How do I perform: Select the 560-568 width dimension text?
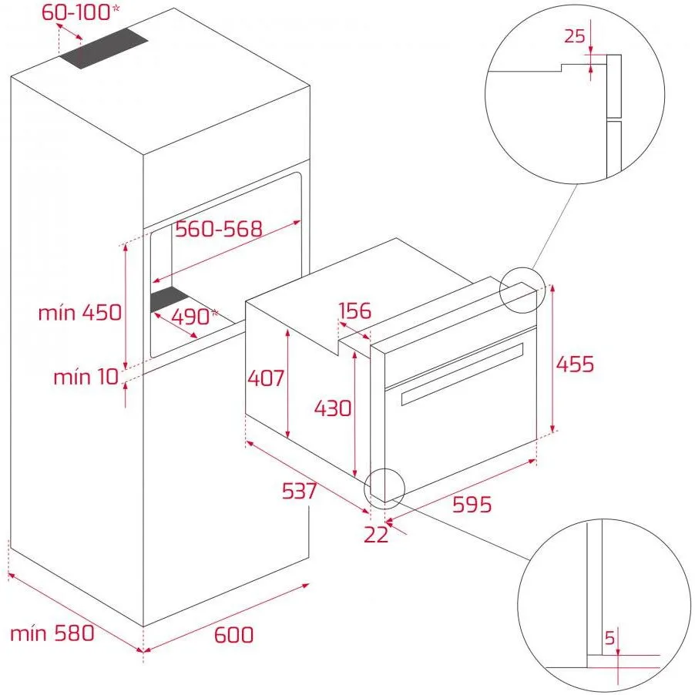point(219,229)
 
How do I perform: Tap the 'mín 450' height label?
point(80,313)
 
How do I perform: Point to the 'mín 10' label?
point(86,377)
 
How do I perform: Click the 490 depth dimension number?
point(190,317)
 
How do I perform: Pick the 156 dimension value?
point(355,311)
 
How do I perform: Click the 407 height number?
point(266,378)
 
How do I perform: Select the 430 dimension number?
point(333,408)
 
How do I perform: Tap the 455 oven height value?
point(575,364)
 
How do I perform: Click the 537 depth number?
point(300,490)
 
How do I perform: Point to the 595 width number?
point(472,505)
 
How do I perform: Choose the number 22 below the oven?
point(376,535)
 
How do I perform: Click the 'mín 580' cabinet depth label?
point(52,633)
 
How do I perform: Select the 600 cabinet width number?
point(233,634)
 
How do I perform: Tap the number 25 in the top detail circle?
point(575,35)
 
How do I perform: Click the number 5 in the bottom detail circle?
point(610,638)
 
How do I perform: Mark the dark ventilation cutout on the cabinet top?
point(104,49)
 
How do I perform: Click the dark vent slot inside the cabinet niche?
point(170,298)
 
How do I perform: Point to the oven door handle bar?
point(462,374)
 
